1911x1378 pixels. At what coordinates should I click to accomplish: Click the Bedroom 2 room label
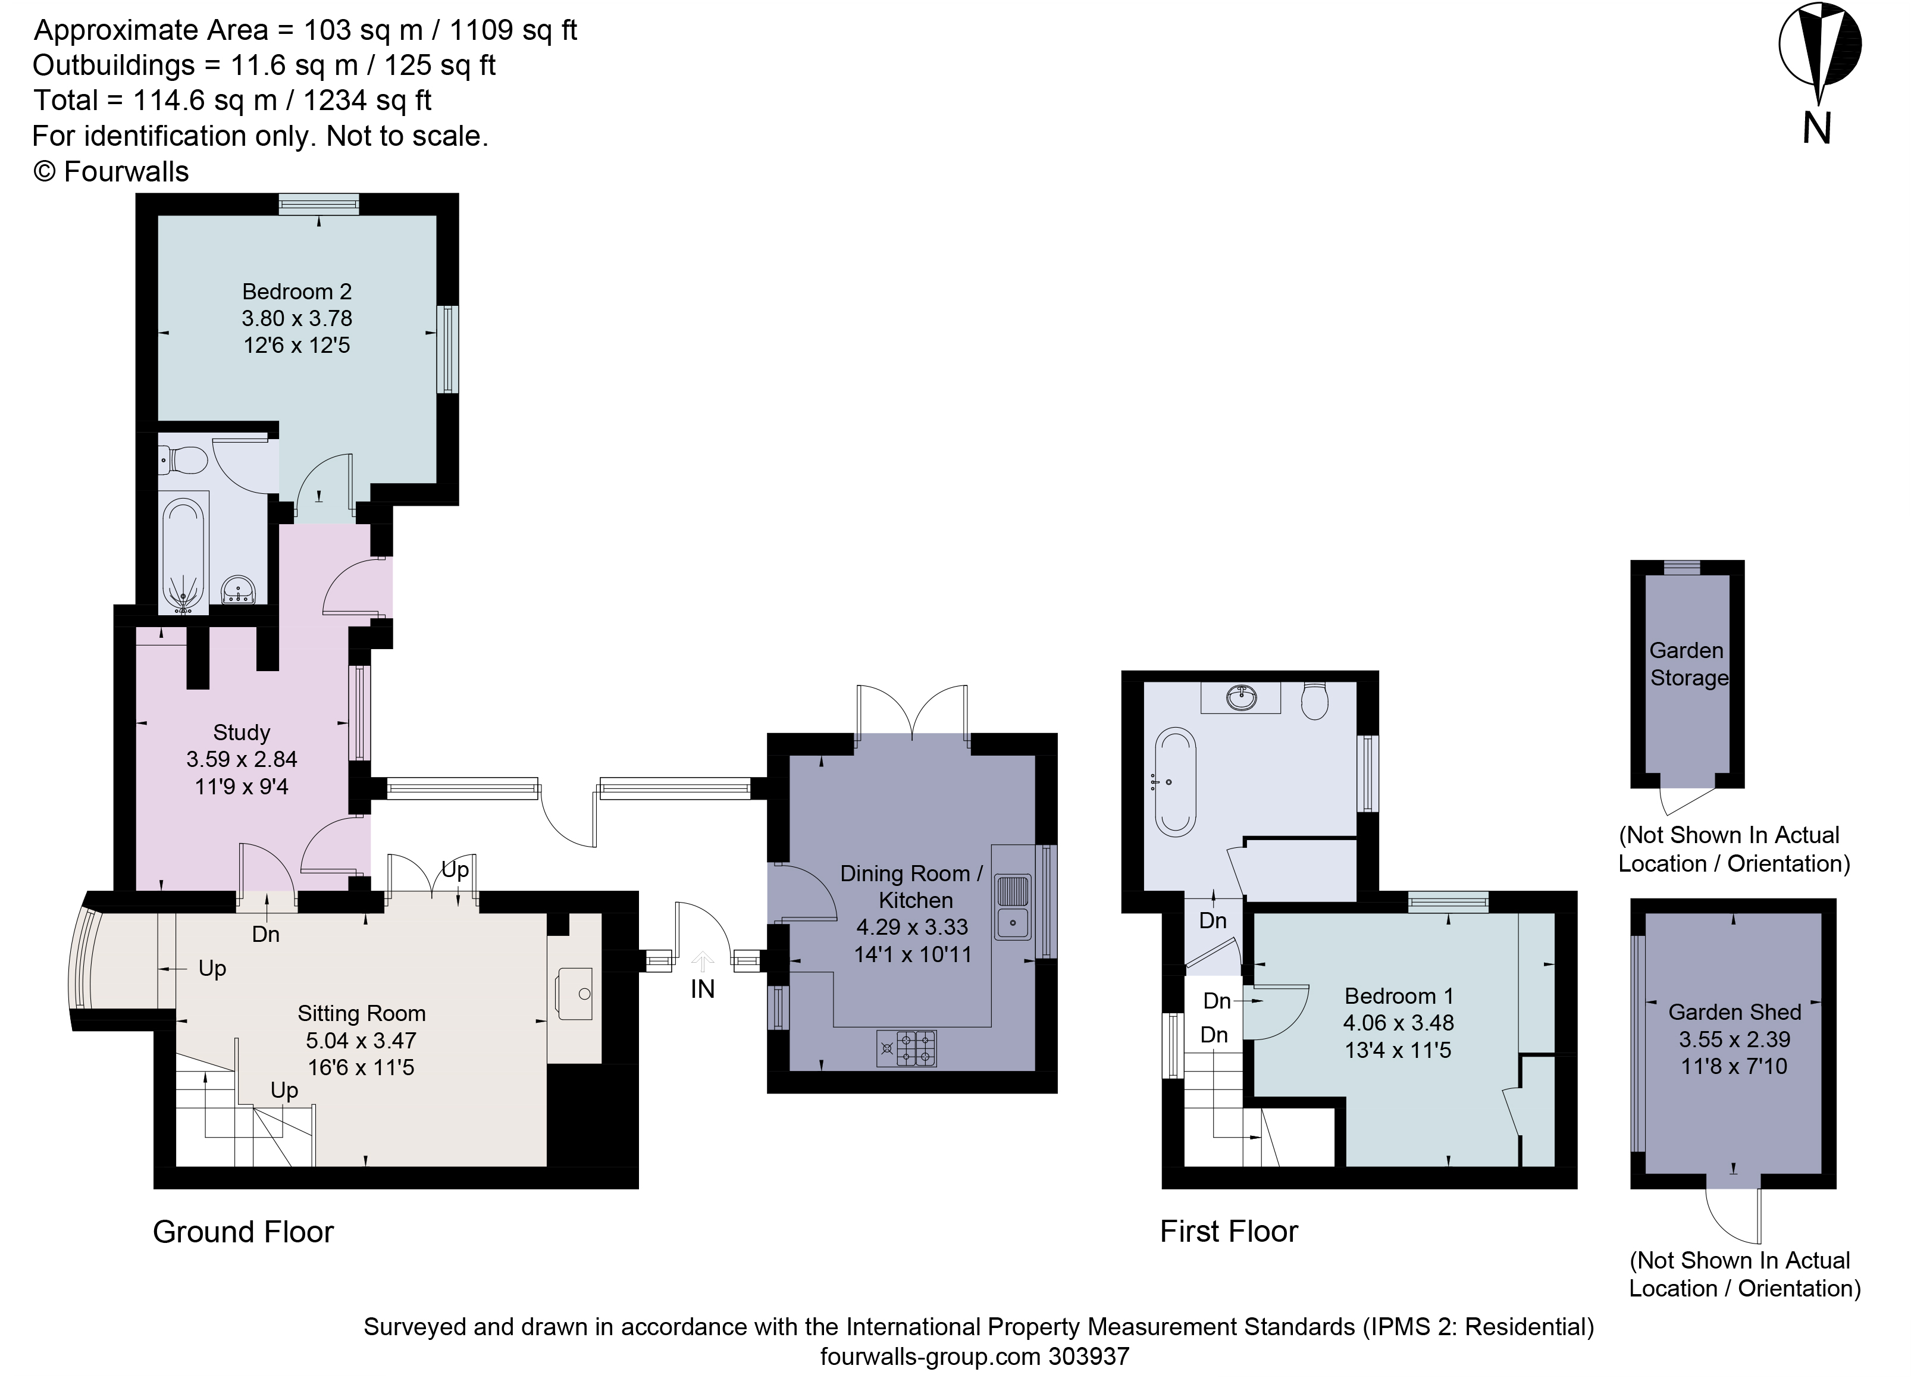[297, 292]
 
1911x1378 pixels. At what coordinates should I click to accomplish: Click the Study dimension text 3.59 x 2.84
[242, 759]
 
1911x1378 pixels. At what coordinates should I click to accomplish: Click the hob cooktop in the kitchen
[907, 1048]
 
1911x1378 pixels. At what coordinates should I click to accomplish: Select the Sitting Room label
[362, 1013]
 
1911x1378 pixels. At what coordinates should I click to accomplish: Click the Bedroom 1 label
[1399, 996]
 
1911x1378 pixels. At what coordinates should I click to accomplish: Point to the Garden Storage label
[1688, 664]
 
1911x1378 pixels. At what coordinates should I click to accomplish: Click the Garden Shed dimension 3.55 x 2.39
[1734, 1039]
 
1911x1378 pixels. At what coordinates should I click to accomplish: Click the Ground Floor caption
[243, 1232]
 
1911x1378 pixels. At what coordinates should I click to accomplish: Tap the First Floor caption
[1229, 1232]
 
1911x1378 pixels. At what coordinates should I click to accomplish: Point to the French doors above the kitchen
[911, 712]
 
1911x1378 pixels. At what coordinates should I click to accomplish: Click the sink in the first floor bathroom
[1241, 697]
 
